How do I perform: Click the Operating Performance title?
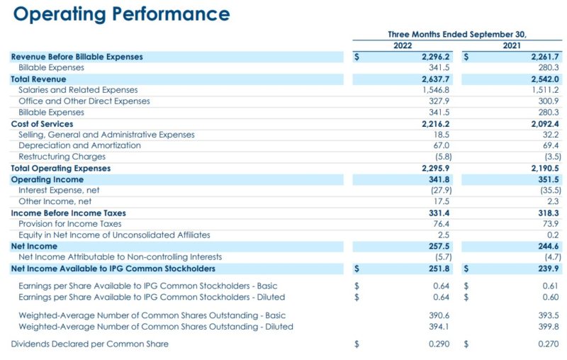(x=121, y=14)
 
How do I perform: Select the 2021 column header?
(x=511, y=45)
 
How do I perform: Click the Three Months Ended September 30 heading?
(x=457, y=34)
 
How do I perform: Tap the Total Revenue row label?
(x=38, y=79)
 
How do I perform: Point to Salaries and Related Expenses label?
(x=78, y=90)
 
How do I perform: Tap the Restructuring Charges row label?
(x=63, y=157)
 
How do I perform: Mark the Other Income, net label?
(x=55, y=201)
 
